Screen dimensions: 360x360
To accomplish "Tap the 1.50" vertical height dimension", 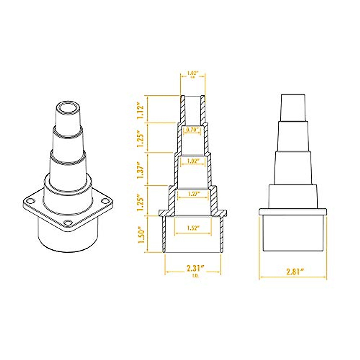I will point(141,234).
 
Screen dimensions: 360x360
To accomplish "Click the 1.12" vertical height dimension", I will point(141,109).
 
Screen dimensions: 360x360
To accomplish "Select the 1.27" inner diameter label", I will point(193,193).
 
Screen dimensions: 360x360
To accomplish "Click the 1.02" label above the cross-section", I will point(193,73).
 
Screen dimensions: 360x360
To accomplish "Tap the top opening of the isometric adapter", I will point(68,109).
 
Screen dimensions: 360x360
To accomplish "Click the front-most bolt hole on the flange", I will point(68,223).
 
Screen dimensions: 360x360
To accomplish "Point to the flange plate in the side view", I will point(293,211).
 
